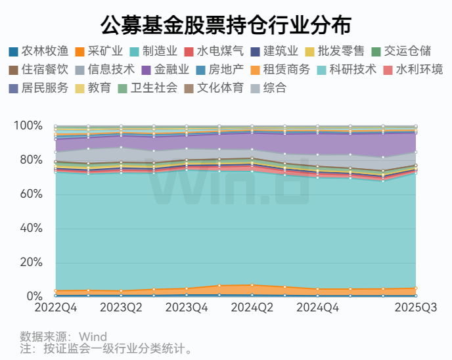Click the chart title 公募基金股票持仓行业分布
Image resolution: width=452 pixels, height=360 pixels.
click(x=225, y=24)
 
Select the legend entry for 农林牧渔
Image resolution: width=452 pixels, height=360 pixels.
click(x=38, y=51)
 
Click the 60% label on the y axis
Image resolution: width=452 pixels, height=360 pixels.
click(x=31, y=194)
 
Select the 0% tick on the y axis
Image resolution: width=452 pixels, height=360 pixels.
click(x=34, y=297)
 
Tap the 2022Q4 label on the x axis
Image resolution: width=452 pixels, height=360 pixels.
click(x=56, y=307)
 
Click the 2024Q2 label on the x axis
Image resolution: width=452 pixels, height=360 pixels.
click(x=252, y=307)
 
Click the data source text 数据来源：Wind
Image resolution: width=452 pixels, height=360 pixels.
click(x=63, y=337)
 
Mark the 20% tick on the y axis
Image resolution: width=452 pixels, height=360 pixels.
click(x=31, y=263)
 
